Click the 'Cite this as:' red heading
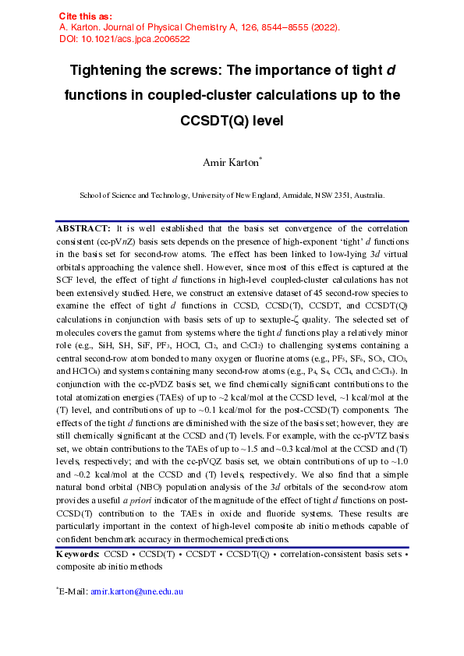[86, 16]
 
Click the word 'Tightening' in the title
[111, 72]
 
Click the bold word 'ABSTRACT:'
[83, 229]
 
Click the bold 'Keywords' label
[77, 554]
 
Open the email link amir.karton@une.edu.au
[136, 591]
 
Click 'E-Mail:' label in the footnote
[74, 591]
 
